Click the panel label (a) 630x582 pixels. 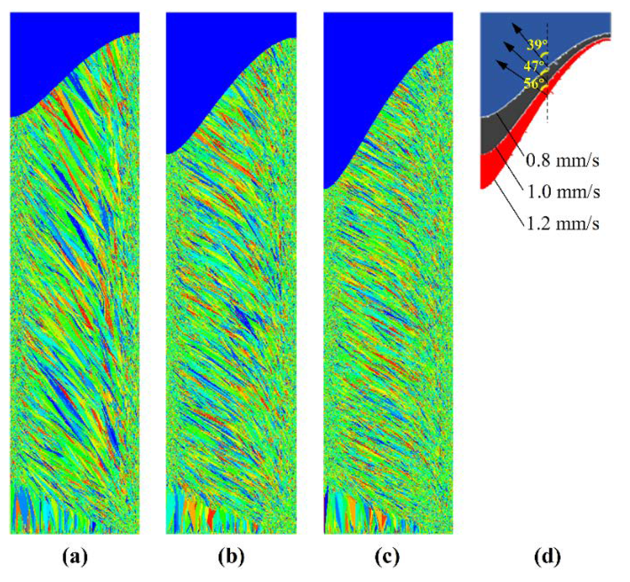pos(75,556)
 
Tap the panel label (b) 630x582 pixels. pos(231,556)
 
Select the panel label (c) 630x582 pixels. pos(387,556)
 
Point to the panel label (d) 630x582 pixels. pos(547,556)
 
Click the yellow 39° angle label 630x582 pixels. pos(536,45)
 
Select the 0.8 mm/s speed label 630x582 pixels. pos(562,161)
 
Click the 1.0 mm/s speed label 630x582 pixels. pos(563,192)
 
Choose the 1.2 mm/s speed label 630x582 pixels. pos(562,224)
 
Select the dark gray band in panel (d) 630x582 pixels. pos(495,134)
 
